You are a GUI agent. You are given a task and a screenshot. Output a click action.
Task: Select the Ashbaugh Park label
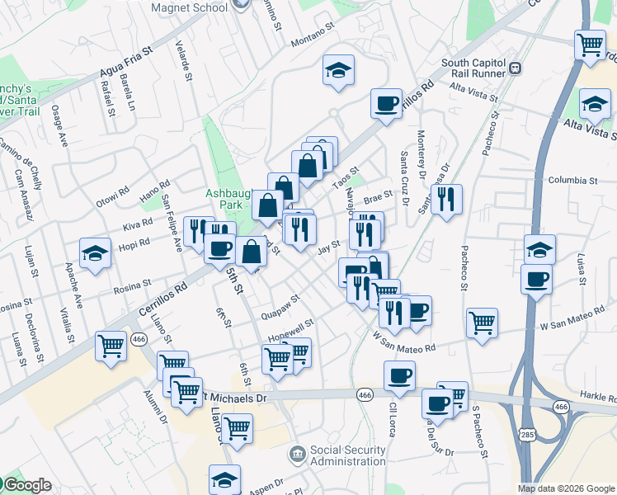(x=224, y=198)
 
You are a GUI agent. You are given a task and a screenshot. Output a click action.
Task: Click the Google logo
(x=26, y=485)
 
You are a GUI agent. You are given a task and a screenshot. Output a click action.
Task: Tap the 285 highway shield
(x=525, y=433)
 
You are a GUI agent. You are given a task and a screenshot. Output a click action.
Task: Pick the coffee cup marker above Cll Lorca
(x=399, y=375)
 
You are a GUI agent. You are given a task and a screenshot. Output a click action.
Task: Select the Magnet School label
(x=190, y=8)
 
